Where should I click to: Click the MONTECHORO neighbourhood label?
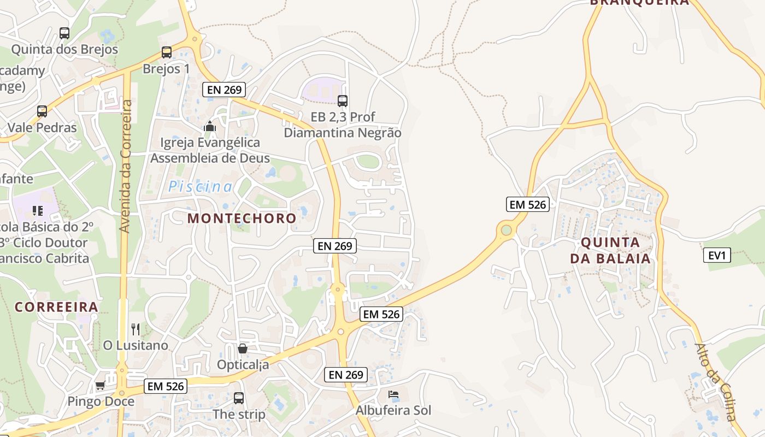click(242, 218)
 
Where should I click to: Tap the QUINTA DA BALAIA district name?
click(610, 251)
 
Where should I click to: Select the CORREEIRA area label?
click(56, 307)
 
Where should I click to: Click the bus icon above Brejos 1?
click(167, 52)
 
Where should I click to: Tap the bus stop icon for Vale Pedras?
click(42, 111)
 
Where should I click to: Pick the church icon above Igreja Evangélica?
click(209, 127)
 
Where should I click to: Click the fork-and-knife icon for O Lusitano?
click(136, 329)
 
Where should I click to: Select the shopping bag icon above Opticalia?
click(243, 348)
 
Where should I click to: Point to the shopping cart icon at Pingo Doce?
click(100, 386)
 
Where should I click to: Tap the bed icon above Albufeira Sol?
click(393, 394)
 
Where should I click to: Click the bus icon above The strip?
click(239, 398)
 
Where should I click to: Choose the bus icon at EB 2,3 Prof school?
click(343, 101)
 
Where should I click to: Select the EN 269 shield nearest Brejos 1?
click(224, 90)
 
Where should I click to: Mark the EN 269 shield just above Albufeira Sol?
click(346, 375)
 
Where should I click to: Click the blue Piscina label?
click(200, 187)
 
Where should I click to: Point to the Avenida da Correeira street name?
click(126, 167)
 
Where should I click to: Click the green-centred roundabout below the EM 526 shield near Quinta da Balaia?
click(507, 230)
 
